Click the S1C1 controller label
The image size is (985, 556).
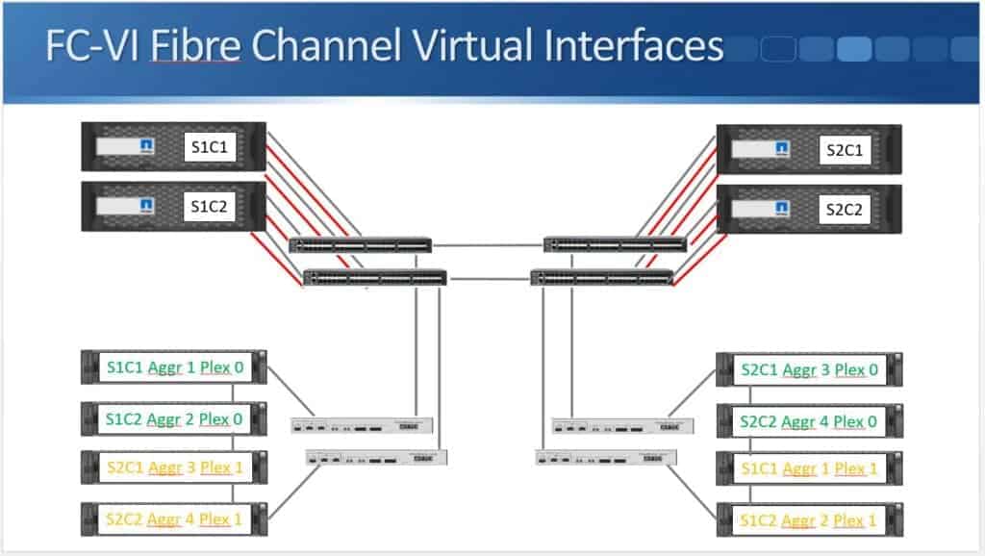[x=211, y=148]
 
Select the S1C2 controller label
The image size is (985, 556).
[x=211, y=205]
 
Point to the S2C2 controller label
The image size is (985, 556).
[x=846, y=209]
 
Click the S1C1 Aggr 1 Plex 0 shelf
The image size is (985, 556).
[x=174, y=367]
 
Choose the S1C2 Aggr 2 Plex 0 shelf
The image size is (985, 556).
[x=174, y=418]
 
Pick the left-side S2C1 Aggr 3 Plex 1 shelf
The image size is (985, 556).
[x=174, y=468]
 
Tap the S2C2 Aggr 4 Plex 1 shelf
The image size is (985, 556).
[x=174, y=518]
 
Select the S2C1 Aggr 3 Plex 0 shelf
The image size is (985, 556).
[x=809, y=369]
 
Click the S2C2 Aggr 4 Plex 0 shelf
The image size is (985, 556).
[x=809, y=420]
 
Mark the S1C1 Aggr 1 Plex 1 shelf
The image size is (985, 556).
[x=809, y=468]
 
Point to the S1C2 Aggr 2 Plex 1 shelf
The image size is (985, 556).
[x=809, y=519]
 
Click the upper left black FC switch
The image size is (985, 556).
[x=361, y=245]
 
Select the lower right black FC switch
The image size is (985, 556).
[x=601, y=278]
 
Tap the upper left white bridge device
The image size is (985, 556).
[x=362, y=424]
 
